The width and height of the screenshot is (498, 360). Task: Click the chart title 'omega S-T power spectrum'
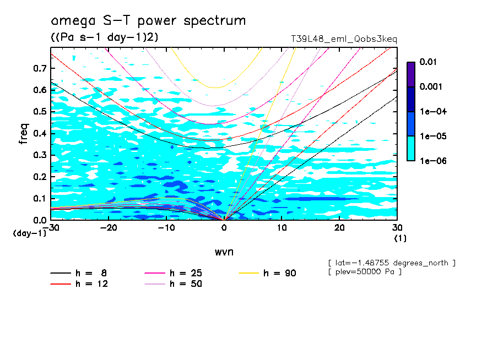click(x=148, y=21)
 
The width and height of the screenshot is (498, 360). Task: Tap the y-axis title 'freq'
click(x=24, y=134)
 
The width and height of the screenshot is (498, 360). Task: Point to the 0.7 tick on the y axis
click(x=39, y=68)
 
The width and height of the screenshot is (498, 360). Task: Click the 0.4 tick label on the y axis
click(x=39, y=134)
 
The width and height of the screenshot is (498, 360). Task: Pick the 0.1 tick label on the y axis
click(x=39, y=199)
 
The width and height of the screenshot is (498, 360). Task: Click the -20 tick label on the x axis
click(x=109, y=228)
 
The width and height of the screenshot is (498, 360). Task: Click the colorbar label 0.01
click(x=428, y=62)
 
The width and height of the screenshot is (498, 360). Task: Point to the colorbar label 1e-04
click(x=430, y=112)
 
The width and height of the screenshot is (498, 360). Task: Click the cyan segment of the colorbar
click(x=410, y=149)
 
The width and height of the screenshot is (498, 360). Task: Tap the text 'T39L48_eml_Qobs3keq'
click(x=344, y=39)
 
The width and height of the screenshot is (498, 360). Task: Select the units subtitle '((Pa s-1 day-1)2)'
click(x=104, y=37)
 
